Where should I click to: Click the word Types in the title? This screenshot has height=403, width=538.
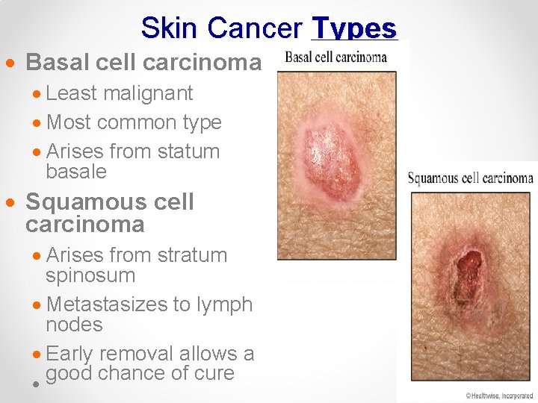[353, 28]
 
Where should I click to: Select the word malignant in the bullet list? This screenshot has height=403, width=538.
[148, 93]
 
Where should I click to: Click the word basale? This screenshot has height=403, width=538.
[76, 172]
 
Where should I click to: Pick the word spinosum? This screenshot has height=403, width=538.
[90, 275]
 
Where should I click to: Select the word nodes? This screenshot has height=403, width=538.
[74, 325]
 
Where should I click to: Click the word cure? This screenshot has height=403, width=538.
[214, 373]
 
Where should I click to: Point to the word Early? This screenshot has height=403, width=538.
[73, 353]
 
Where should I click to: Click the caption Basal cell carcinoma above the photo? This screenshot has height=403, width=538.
[341, 57]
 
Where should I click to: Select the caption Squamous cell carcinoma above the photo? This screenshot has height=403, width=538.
[470, 178]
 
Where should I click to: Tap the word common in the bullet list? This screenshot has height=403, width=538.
[137, 122]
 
